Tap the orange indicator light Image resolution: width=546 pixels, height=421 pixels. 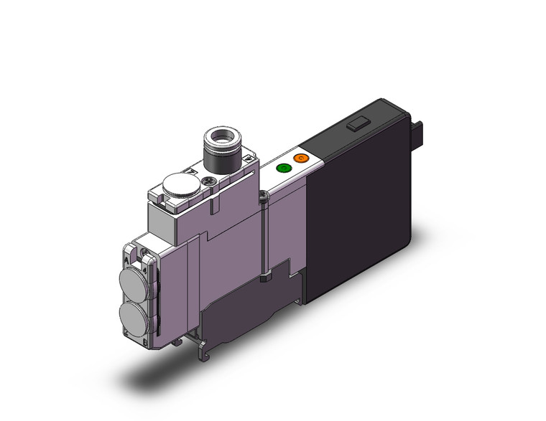point(301,158)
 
